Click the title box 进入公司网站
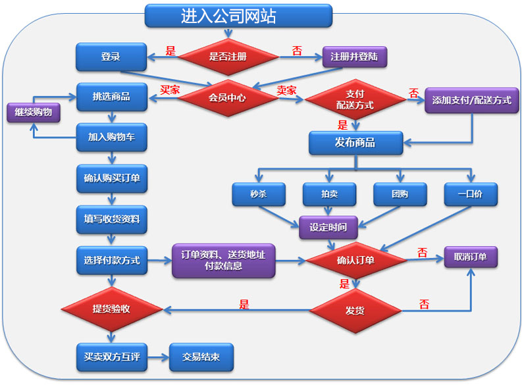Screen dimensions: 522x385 (238, 16)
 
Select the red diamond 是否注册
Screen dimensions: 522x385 (228, 57)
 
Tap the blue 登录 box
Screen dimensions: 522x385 (111, 57)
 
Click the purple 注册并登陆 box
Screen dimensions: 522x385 (355, 57)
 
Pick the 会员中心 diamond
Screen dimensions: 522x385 (228, 98)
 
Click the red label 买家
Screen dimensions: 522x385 (170, 90)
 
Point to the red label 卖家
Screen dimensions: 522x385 (286, 90)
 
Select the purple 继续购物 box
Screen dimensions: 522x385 (34, 113)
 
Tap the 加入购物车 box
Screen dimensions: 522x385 (111, 137)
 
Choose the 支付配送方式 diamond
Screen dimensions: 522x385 (355, 99)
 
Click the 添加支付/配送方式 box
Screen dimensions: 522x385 (472, 101)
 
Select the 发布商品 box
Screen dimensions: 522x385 (356, 143)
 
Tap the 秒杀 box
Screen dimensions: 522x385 (259, 194)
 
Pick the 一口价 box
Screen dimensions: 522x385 (471, 194)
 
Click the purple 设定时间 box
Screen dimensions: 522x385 (328, 227)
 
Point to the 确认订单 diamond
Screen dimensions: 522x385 (356, 260)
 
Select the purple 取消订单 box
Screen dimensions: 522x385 (471, 257)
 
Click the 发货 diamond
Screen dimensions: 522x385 (355, 311)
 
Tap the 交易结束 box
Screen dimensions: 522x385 (201, 357)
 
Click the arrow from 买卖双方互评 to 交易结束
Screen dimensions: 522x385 (159, 358)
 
